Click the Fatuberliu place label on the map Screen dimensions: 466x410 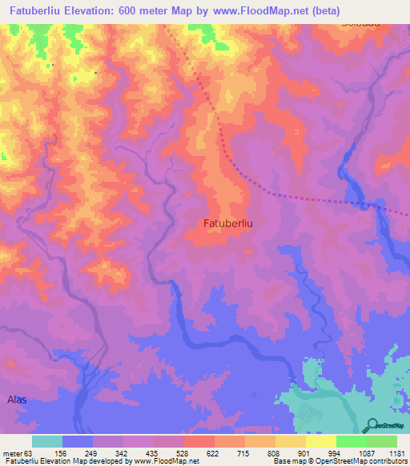[x=228, y=223]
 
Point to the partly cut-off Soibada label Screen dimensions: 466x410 [x=360, y=25]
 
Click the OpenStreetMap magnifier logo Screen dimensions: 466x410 [x=373, y=425]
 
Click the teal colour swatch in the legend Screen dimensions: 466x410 [x=47, y=441]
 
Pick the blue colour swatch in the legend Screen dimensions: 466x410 [x=78, y=441]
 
